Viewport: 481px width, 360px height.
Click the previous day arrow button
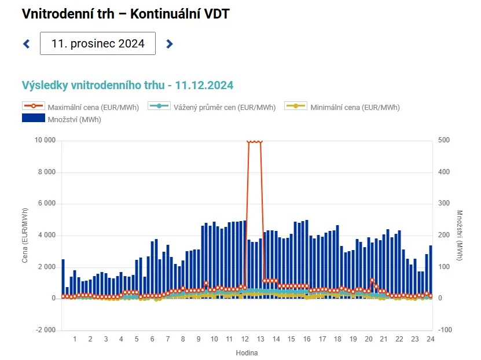pyautogui.click(x=27, y=44)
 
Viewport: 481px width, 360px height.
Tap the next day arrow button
pyautogui.click(x=170, y=44)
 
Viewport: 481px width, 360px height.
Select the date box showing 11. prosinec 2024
pyautogui.click(x=98, y=43)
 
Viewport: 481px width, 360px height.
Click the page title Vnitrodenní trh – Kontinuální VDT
pyautogui.click(x=126, y=14)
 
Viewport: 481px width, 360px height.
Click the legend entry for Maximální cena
pyautogui.click(x=80, y=107)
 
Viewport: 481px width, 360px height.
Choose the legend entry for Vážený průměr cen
pyautogui.click(x=212, y=107)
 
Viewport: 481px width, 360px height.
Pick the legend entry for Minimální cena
pyautogui.click(x=342, y=107)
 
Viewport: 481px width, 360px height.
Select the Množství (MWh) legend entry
pyautogui.click(x=61, y=119)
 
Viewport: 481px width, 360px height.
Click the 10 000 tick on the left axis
pyautogui.click(x=45, y=140)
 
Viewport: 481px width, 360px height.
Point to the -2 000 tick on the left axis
pyautogui.click(x=46, y=330)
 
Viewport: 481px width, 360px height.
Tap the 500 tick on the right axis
pyautogui.click(x=444, y=140)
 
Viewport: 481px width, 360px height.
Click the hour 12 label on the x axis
pyautogui.click(x=245, y=339)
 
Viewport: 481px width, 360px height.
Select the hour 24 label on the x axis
pyautogui.click(x=431, y=339)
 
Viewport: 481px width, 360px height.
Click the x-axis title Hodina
pyautogui.click(x=247, y=353)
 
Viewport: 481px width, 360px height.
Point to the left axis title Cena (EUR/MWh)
pyautogui.click(x=24, y=236)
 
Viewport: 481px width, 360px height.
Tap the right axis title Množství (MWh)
pyautogui.click(x=459, y=236)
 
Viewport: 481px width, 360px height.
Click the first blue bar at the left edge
pyautogui.click(x=63, y=278)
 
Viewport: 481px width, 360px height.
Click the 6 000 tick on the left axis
pyautogui.click(x=47, y=203)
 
